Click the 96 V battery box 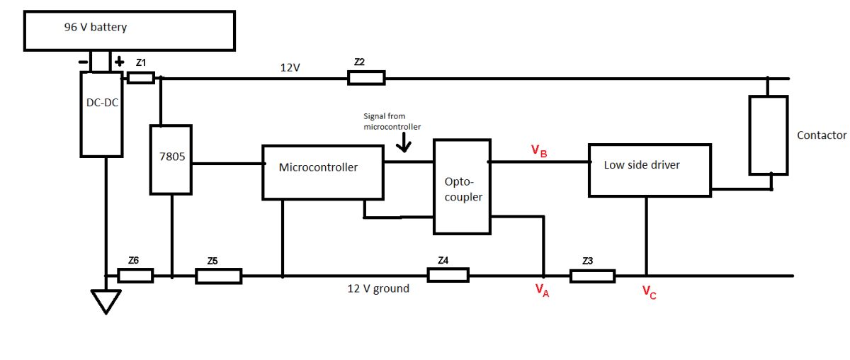coord(128,30)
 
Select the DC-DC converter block coord(101,113)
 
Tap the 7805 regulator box coord(171,159)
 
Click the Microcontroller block coord(323,172)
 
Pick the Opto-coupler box coord(462,186)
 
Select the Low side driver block coord(649,170)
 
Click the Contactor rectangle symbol coord(769,135)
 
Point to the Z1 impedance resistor coord(141,77)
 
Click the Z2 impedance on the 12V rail coord(366,77)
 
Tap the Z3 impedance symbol coord(592,275)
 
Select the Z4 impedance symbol coord(448,275)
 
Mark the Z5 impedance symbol coord(218,276)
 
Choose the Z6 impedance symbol coord(135,275)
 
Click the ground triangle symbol coord(105,301)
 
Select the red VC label coord(649,291)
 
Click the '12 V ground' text coord(378,289)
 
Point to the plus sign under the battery coord(119,62)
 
